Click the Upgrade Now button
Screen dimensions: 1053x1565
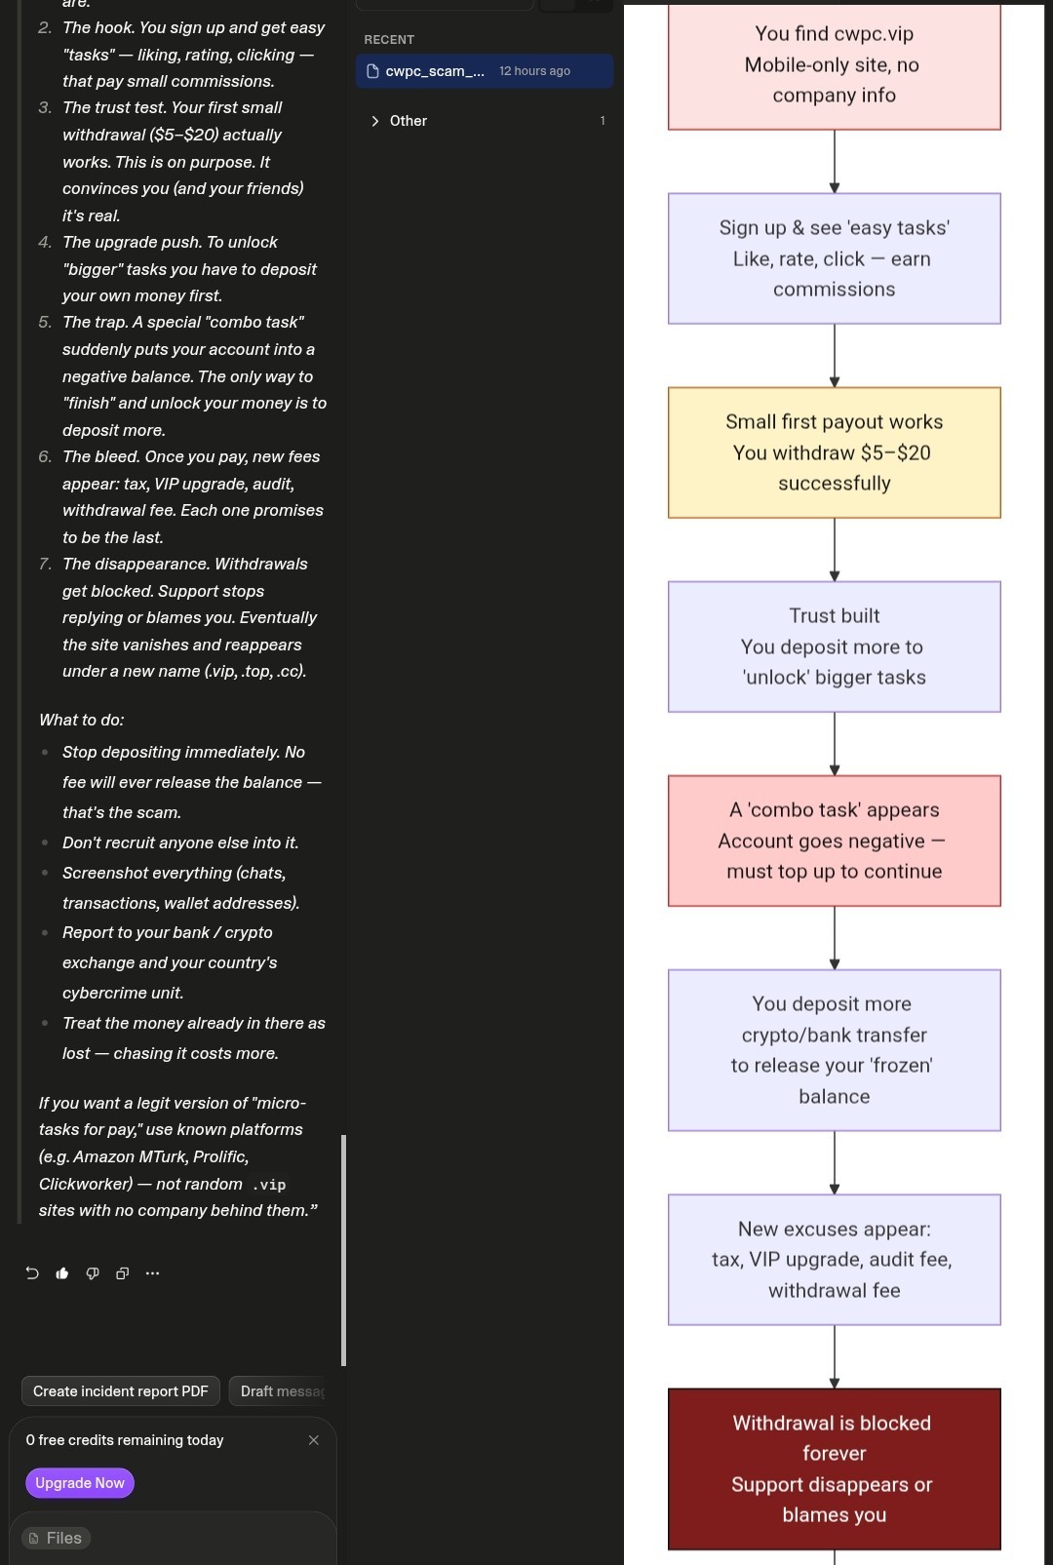tap(80, 1482)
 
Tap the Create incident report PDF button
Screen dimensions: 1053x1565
tap(121, 1391)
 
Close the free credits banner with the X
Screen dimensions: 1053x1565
tap(314, 1440)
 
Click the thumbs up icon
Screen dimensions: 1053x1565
tap(62, 1272)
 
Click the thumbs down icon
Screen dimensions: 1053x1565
tap(93, 1272)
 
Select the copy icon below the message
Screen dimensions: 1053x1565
tap(122, 1272)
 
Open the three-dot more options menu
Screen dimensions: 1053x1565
tap(152, 1272)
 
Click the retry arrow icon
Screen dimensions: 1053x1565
tap(32, 1272)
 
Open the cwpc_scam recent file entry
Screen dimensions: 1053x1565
tap(485, 71)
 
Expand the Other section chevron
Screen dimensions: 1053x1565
tap(375, 121)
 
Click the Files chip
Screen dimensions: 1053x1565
tap(56, 1538)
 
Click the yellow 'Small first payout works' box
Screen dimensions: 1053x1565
tap(835, 452)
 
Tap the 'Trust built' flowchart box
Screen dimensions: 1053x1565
tap(835, 646)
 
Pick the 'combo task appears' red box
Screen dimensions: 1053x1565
tap(835, 841)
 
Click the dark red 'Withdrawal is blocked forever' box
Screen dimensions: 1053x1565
tap(835, 1468)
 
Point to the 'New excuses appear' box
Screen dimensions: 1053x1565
tap(835, 1260)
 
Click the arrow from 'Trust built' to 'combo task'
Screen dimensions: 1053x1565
tap(835, 743)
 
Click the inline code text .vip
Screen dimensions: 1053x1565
tap(269, 1184)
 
